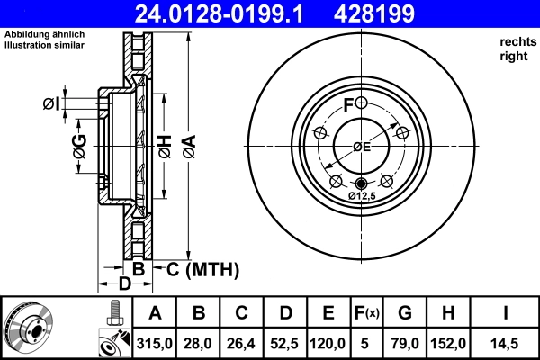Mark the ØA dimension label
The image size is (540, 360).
point(188,144)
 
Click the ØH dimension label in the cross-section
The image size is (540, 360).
point(165,144)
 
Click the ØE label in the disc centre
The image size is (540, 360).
point(361,147)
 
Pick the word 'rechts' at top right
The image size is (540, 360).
point(516,41)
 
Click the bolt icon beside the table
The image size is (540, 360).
point(113,314)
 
